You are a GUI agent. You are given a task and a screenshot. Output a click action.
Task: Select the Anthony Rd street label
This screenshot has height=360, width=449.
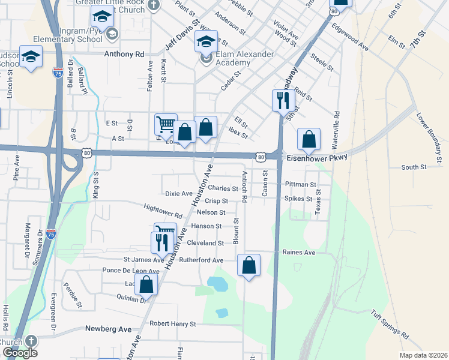[124, 54]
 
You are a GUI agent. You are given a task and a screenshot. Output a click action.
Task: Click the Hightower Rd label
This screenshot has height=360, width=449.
[163, 211]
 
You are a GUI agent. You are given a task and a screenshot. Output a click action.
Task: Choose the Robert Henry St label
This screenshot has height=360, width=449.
[173, 323]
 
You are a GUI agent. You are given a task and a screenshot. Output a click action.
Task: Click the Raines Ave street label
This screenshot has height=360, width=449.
[298, 253]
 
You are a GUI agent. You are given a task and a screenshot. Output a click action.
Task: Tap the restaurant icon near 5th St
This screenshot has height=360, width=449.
[282, 100]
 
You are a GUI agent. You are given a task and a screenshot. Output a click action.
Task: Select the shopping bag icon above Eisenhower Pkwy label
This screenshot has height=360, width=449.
[309, 139]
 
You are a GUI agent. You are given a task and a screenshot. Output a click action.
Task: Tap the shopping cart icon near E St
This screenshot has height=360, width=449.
[165, 124]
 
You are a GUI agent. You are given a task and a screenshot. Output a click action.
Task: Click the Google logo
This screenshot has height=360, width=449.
[20, 353]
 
